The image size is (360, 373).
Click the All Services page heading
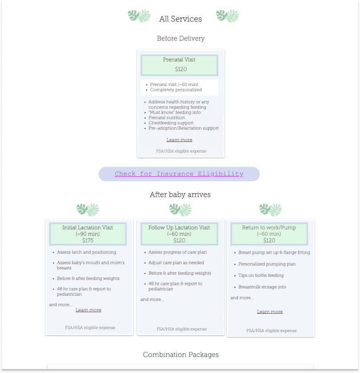pos(180,19)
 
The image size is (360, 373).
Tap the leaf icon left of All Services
pos(139,16)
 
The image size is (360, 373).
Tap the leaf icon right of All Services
pos(227,16)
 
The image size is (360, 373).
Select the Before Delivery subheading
pos(180,39)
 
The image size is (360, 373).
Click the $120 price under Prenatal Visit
pos(180,69)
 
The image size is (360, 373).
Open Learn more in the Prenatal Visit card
pos(179,140)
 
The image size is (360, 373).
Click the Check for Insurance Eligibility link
pos(179,174)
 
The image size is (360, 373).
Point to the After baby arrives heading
pos(180,195)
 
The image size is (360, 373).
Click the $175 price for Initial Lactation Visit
pos(88,240)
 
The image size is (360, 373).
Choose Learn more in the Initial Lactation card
pos(88,310)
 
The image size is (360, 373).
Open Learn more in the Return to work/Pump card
pos(270,312)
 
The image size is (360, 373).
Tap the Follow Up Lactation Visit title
pos(179,227)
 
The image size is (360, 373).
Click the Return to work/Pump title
pos(269,227)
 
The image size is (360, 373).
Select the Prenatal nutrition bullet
pos(167,118)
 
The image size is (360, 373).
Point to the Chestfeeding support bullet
pos(171,123)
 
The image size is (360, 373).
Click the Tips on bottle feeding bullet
pos(261,276)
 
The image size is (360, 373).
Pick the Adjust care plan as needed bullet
pos(176,263)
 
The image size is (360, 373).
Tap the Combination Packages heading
pos(180,355)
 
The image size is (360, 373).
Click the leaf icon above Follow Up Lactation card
pos(180,210)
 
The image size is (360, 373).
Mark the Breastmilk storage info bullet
pos(262,287)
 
